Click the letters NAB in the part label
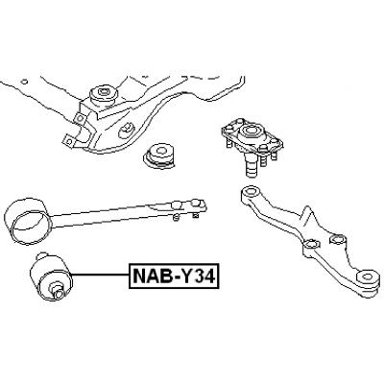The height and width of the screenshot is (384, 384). point(149,276)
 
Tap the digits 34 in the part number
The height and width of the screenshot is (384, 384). point(205,276)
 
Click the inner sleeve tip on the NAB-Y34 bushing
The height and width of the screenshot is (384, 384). point(58,294)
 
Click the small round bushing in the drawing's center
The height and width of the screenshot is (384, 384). point(158,156)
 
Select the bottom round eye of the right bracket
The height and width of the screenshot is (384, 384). point(368,277)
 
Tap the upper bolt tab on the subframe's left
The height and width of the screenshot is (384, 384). point(79,119)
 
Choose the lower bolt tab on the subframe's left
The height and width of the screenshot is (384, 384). point(69,140)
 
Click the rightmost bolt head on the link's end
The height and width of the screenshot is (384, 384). point(195,204)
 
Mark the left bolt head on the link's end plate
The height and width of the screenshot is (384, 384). point(177,204)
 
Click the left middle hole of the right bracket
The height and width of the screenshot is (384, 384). point(311,244)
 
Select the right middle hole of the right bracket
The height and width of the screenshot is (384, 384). point(337,238)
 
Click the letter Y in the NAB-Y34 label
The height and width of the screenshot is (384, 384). point(189,276)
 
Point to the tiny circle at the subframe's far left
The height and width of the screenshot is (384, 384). point(25,82)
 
